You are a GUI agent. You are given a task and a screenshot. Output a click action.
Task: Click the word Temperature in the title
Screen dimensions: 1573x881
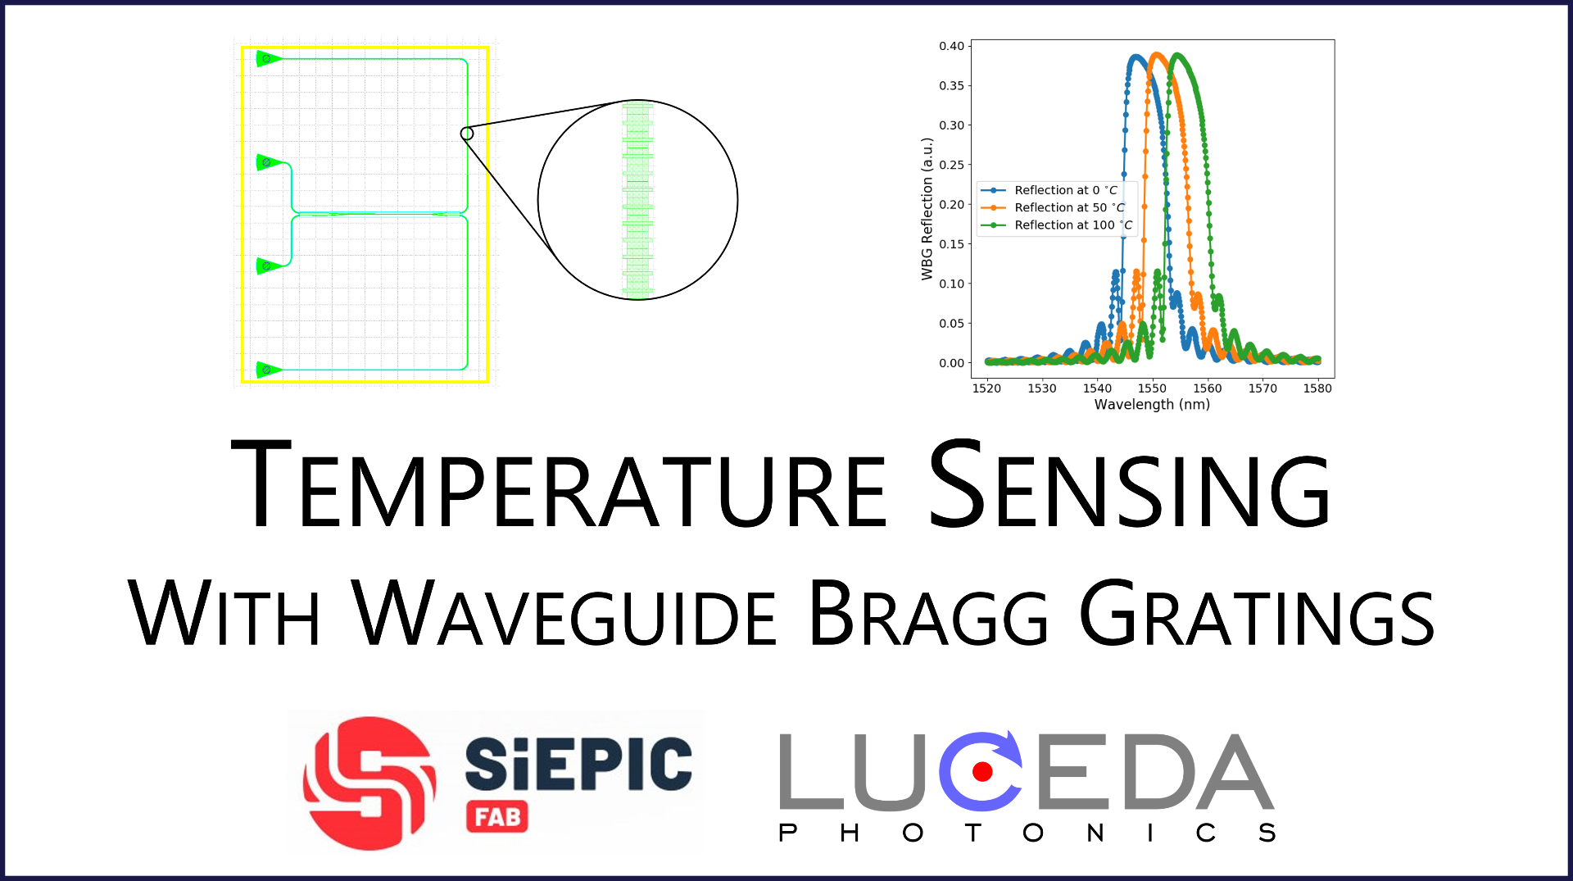point(559,484)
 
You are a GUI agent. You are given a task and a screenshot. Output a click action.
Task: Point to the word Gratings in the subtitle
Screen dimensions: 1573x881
point(1257,613)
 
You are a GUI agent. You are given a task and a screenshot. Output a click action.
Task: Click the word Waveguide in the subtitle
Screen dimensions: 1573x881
point(564,613)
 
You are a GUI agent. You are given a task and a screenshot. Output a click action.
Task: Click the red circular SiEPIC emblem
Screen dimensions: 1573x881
point(369,783)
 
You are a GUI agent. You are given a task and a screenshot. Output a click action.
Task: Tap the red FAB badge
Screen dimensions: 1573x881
point(497,816)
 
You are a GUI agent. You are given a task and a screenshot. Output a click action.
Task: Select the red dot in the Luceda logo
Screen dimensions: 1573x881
point(982,771)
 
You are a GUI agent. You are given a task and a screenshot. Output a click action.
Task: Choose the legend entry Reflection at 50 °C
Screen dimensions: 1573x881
point(1054,207)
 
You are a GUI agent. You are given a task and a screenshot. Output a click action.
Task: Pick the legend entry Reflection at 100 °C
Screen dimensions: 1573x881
point(1058,225)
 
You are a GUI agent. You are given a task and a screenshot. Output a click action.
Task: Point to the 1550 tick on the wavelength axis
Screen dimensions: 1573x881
point(1152,388)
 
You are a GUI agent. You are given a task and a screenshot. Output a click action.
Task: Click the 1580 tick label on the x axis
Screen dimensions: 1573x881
point(1317,388)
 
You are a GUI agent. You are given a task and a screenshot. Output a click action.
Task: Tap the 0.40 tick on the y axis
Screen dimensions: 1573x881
point(952,46)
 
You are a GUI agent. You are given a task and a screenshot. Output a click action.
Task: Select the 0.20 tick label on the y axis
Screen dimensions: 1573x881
point(952,204)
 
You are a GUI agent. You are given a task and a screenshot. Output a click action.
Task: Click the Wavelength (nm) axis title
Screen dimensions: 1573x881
point(1152,405)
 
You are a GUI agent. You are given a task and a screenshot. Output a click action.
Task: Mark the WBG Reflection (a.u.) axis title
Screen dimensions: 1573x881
point(927,209)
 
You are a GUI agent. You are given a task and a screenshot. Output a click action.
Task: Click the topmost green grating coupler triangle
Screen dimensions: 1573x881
point(268,59)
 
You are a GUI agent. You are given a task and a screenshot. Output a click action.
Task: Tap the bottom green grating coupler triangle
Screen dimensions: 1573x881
point(268,370)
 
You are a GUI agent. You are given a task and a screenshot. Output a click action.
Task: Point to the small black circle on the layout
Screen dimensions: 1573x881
point(467,134)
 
